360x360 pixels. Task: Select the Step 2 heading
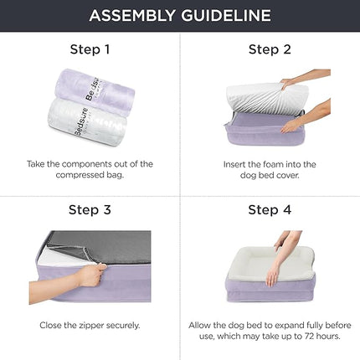[270, 49]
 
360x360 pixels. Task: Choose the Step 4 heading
[270, 210]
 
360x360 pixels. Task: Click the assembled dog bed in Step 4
[270, 280]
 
